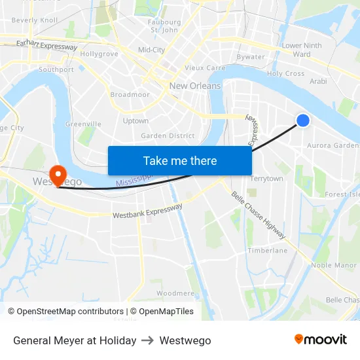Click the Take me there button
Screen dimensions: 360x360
click(180, 160)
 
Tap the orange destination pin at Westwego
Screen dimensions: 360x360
click(58, 175)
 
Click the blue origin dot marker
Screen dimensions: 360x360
click(303, 120)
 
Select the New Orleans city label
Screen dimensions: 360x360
click(195, 86)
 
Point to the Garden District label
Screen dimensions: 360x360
click(168, 136)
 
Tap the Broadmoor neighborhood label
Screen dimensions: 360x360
click(130, 94)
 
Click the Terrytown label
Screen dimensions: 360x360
click(266, 179)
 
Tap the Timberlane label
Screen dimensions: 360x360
click(267, 251)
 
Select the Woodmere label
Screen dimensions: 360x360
click(175, 293)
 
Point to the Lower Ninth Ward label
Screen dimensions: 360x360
click(302, 50)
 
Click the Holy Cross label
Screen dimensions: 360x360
click(285, 74)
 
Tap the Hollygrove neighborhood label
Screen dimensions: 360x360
click(99, 54)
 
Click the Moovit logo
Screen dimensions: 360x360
click(320, 340)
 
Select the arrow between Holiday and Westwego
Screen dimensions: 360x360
click(148, 340)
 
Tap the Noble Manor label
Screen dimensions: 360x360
click(334, 265)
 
